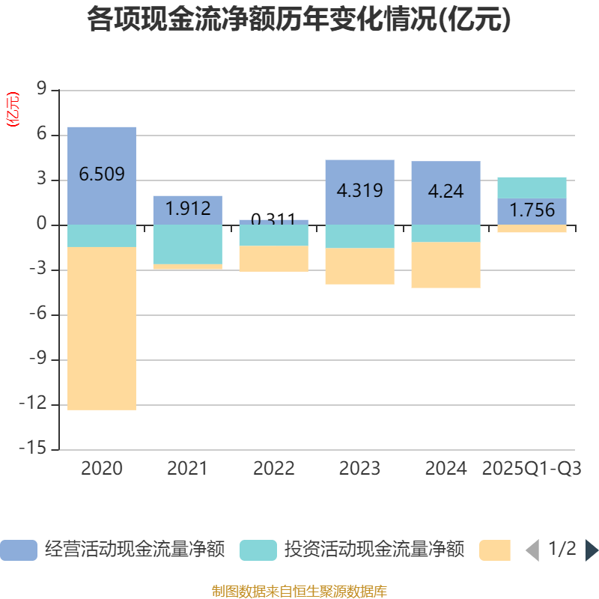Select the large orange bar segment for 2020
102,329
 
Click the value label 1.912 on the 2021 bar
188,208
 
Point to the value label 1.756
532,210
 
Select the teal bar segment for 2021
188,244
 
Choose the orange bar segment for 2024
446,265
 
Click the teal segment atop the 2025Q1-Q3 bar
532,187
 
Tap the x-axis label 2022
274,469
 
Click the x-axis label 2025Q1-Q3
532,469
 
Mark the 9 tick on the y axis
42,91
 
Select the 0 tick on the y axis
42,225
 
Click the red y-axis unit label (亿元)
12,110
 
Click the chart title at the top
299,19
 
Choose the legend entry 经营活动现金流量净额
112,550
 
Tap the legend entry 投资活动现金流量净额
352,550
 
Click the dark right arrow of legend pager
592,550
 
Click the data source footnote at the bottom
299,592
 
